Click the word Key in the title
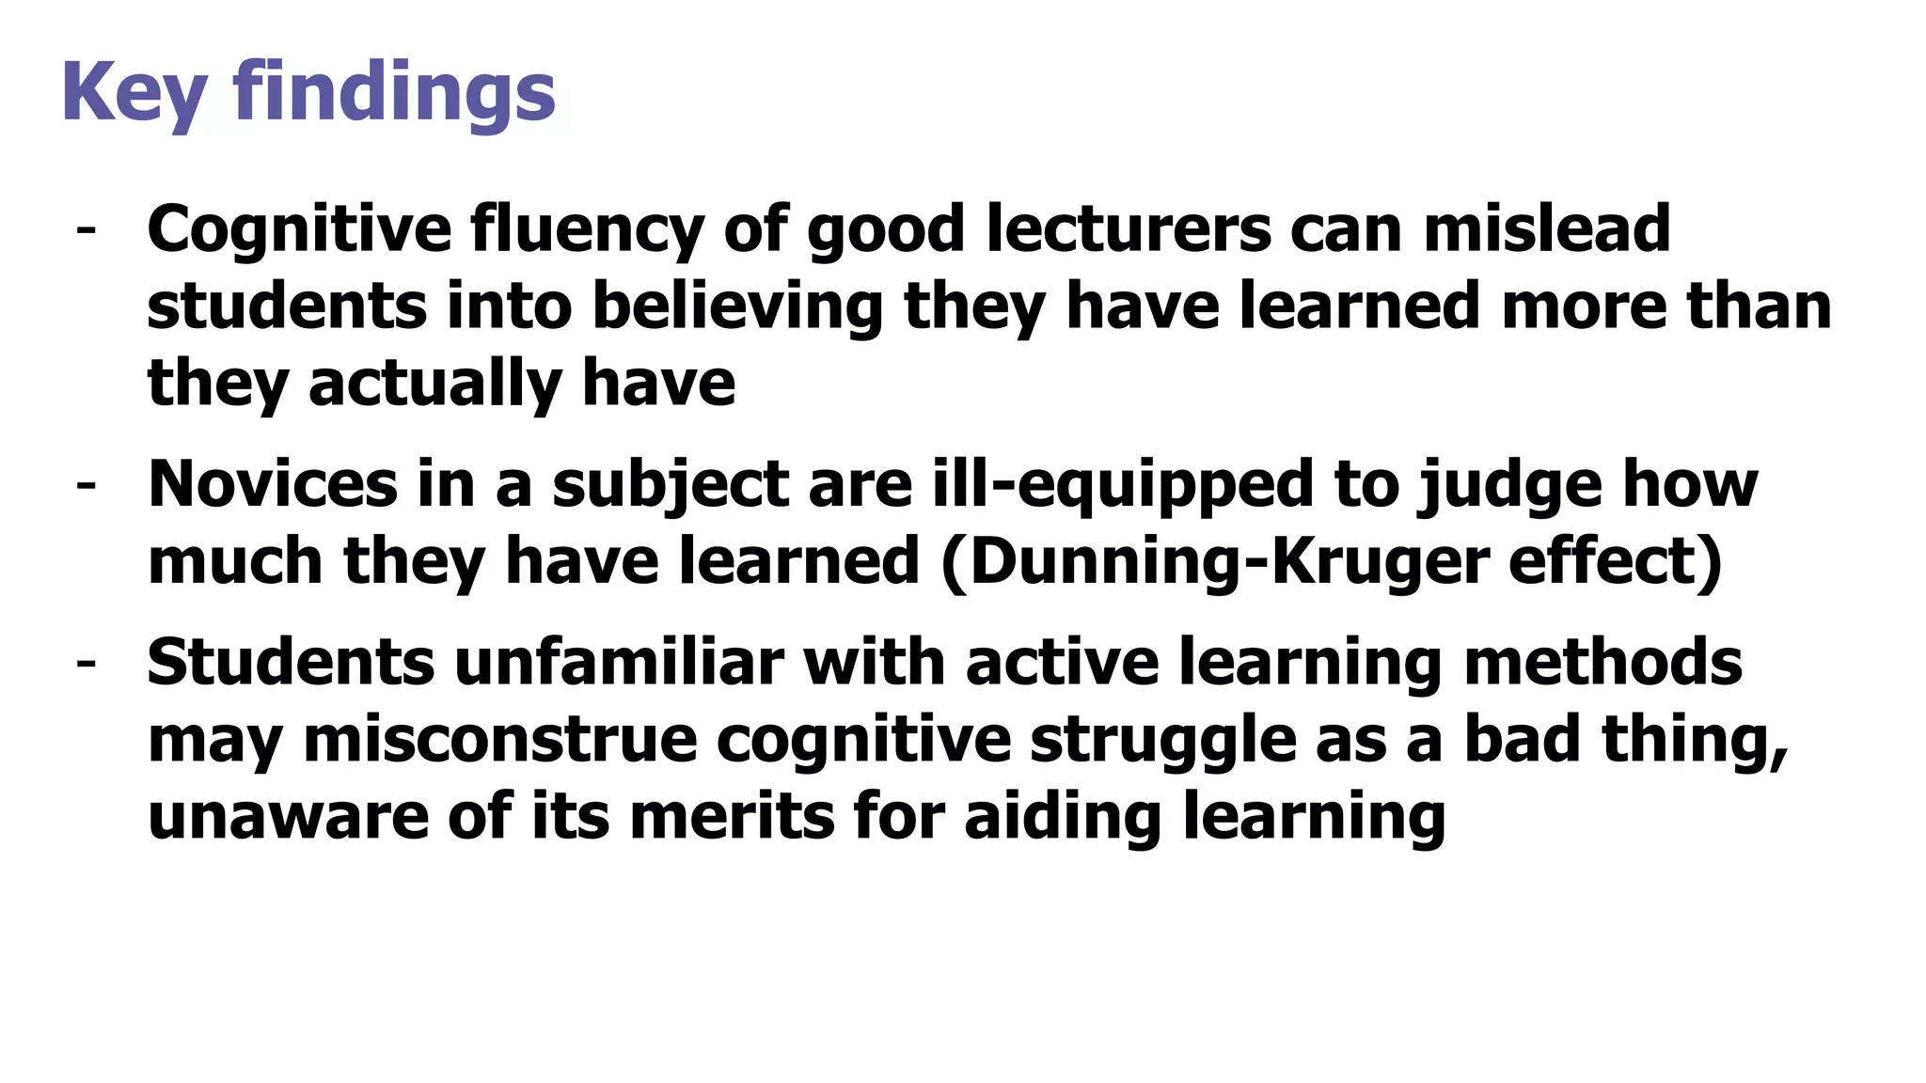click(x=134, y=92)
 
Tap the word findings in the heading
click(x=394, y=92)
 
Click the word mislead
click(x=1546, y=229)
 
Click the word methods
click(x=1602, y=662)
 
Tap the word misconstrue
click(x=500, y=739)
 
